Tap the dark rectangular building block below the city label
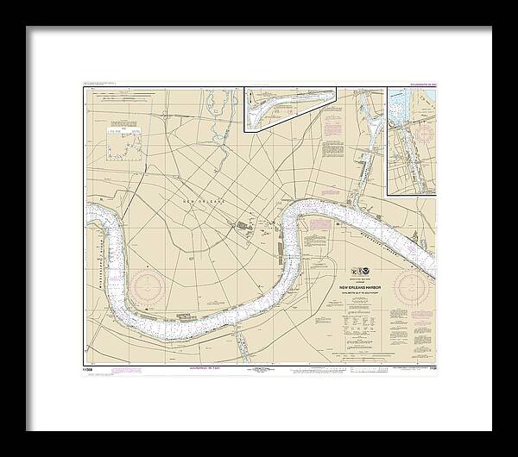[x=244, y=229]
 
